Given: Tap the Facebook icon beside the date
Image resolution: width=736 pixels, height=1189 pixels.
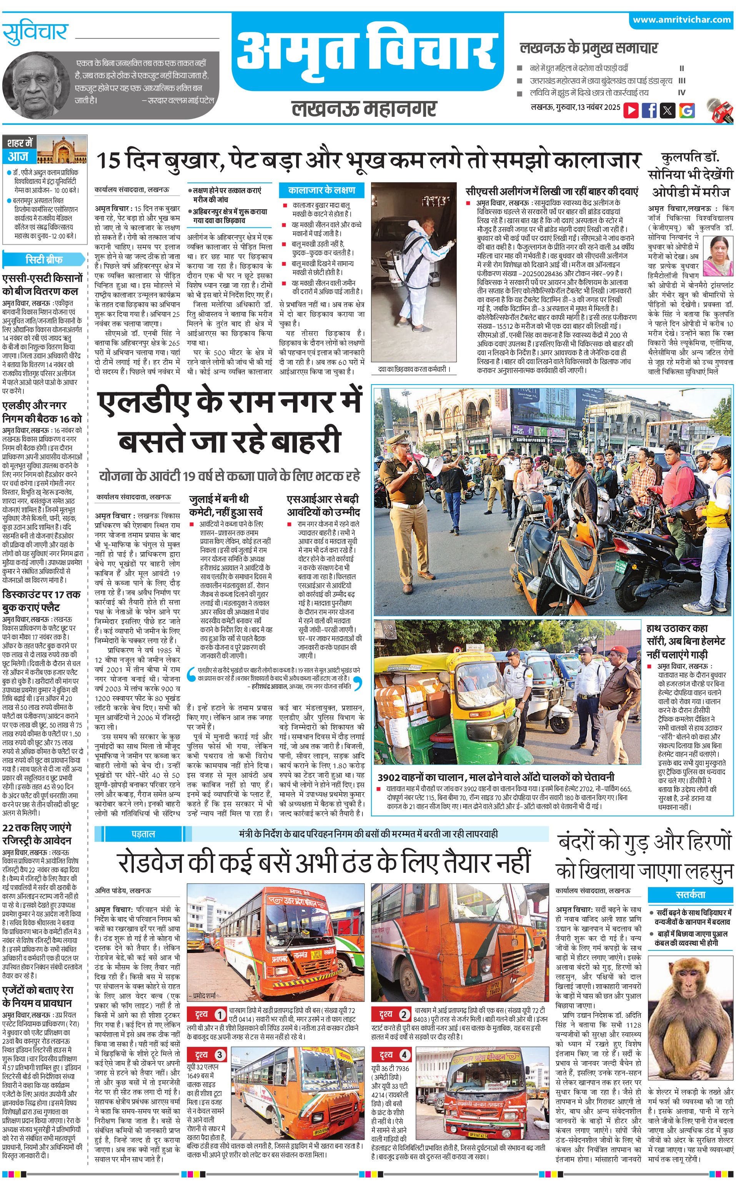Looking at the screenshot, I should point(649,110).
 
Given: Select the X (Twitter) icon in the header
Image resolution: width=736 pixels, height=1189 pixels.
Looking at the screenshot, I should point(668,110).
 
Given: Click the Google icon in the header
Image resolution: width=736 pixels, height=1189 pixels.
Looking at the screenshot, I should point(687,110).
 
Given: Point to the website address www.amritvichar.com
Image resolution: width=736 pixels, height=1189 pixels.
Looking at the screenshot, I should point(681,20).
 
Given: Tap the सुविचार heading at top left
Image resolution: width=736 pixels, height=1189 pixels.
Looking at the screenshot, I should point(35,33).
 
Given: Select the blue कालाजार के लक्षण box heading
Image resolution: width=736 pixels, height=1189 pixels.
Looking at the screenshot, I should point(321,190).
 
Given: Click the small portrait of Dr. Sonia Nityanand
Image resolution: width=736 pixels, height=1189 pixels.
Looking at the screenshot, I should point(718,254).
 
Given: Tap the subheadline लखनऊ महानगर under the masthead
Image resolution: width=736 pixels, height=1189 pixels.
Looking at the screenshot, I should point(364,108).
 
